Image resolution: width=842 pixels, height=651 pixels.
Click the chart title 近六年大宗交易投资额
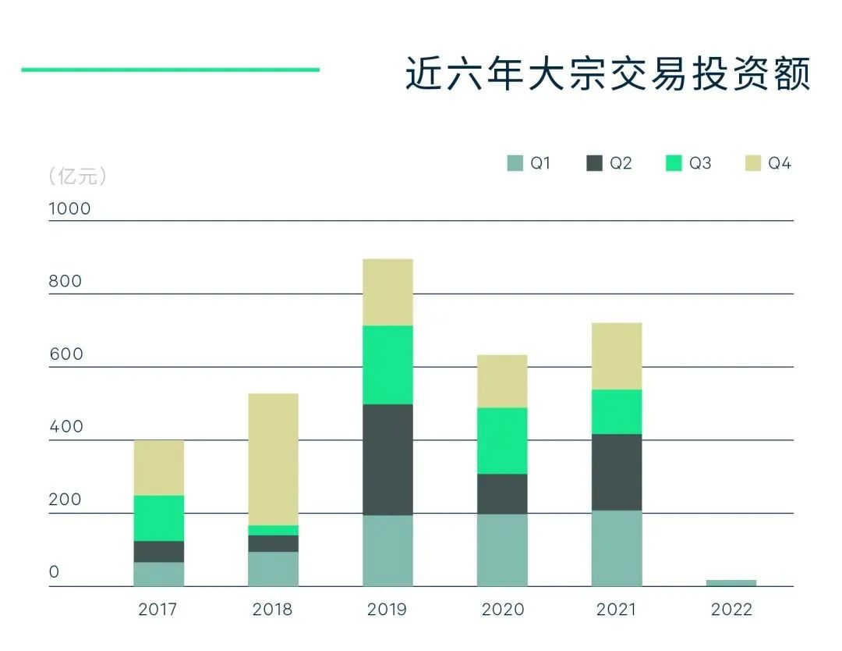[x=608, y=74]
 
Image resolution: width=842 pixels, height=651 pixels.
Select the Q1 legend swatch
[x=515, y=164]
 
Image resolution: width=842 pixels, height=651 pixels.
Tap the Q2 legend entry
[x=609, y=164]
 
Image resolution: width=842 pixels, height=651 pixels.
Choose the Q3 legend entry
[x=688, y=164]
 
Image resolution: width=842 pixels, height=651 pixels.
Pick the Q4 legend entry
[x=768, y=164]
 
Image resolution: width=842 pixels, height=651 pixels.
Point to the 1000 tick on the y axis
[x=69, y=208]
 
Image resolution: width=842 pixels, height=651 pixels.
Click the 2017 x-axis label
[x=158, y=610]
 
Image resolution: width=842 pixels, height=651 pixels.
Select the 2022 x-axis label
[x=731, y=610]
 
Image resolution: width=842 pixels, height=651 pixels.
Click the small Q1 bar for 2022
[x=731, y=582]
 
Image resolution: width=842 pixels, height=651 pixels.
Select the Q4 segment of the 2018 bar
[x=273, y=459]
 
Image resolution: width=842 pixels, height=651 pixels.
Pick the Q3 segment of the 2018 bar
[x=273, y=530]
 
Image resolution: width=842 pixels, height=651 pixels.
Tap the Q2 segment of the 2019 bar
[x=387, y=459]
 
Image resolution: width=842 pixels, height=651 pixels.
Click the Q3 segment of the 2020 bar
[x=502, y=440]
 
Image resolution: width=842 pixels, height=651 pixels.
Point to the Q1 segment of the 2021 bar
[x=617, y=548]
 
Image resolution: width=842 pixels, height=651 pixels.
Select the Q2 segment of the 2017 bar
[x=159, y=551]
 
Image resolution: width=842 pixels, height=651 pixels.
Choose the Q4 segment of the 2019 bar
[x=387, y=292]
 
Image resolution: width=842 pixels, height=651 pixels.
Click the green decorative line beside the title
[x=170, y=69]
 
